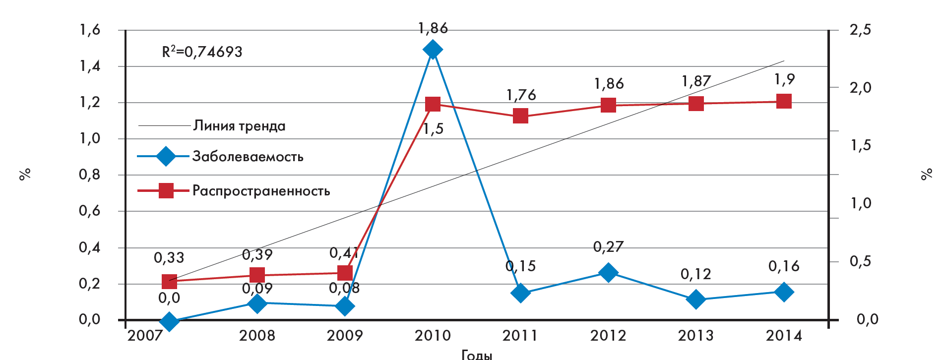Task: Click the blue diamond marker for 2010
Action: (x=433, y=49)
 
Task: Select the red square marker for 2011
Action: (x=520, y=116)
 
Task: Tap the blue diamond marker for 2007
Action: (x=169, y=321)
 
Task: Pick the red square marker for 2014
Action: (x=784, y=101)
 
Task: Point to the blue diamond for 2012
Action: (x=608, y=272)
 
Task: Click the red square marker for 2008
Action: (x=257, y=275)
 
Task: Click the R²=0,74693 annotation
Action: (x=202, y=52)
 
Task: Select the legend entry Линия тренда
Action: (x=239, y=126)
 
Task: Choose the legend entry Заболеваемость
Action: (x=248, y=157)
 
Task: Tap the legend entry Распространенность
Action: (x=261, y=191)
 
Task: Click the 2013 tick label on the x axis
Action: (x=696, y=336)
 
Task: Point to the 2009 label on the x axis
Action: (x=345, y=336)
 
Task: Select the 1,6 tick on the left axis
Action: (x=90, y=30)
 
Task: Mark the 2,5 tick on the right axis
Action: (x=860, y=30)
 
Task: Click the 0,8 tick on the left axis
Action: (x=90, y=175)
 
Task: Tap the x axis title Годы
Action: (x=477, y=355)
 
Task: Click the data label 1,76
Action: (x=521, y=95)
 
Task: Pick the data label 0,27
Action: (x=608, y=246)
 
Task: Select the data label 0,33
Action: (x=169, y=258)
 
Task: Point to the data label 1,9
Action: (x=784, y=79)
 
